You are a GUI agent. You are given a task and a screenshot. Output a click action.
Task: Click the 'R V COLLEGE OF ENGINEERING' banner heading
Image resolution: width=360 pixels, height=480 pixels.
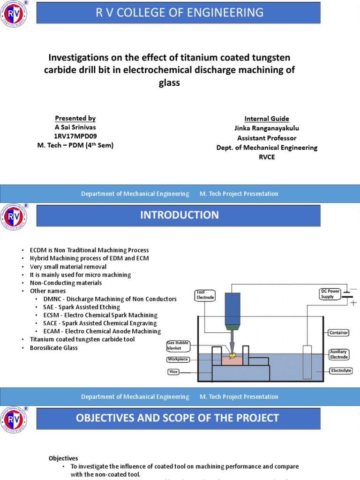pos(180,12)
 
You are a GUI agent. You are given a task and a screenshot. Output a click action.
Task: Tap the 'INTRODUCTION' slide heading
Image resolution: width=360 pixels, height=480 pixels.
pos(180,215)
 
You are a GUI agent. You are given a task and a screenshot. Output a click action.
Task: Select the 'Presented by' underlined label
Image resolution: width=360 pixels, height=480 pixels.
pos(75,118)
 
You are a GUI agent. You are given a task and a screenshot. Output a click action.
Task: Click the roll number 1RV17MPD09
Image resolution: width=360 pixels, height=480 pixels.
pos(75,136)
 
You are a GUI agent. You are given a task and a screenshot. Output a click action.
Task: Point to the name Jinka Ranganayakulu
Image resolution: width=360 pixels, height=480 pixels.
pos(266,128)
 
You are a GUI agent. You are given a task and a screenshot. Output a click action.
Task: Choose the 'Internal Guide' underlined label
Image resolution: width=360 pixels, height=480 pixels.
pos(266,119)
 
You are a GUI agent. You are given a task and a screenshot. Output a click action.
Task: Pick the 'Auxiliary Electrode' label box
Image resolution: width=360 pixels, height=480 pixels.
pos(338,354)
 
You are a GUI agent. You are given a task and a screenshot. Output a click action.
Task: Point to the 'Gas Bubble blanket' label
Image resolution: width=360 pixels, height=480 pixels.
pos(178,346)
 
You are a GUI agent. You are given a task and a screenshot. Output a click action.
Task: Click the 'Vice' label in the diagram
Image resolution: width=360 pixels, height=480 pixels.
pos(174,372)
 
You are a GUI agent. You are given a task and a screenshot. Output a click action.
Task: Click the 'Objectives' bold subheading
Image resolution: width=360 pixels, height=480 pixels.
pos(63,458)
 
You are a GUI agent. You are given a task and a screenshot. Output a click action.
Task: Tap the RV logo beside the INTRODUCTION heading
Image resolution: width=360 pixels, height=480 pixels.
pos(15,217)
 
